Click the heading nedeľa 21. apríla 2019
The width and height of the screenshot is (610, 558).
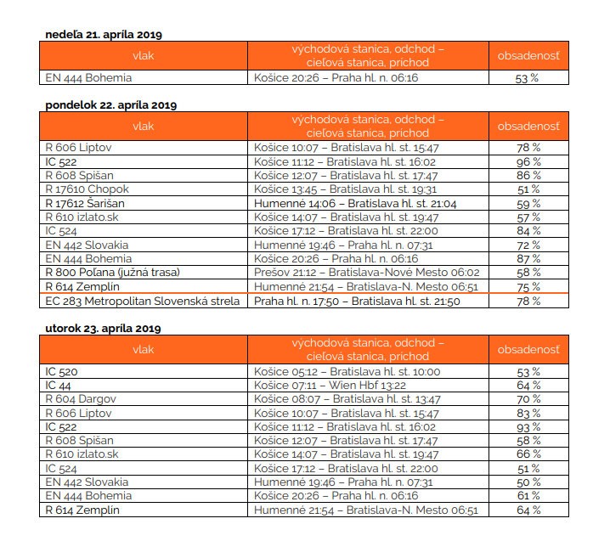click(103, 35)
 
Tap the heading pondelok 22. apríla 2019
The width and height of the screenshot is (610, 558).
click(110, 104)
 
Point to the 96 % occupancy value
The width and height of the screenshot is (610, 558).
click(528, 161)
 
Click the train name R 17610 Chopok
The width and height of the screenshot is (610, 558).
click(87, 189)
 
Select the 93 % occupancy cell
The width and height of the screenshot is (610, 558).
click(528, 426)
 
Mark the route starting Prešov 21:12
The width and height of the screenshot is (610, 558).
click(366, 272)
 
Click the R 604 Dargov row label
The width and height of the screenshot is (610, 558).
click(80, 398)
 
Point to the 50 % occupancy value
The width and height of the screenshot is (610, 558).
click(528, 482)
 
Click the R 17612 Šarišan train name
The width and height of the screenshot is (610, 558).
click(88, 203)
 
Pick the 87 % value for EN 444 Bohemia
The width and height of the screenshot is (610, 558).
click(528, 258)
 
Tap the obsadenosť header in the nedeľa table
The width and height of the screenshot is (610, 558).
click(528, 57)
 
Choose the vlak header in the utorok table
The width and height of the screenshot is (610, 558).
click(144, 348)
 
